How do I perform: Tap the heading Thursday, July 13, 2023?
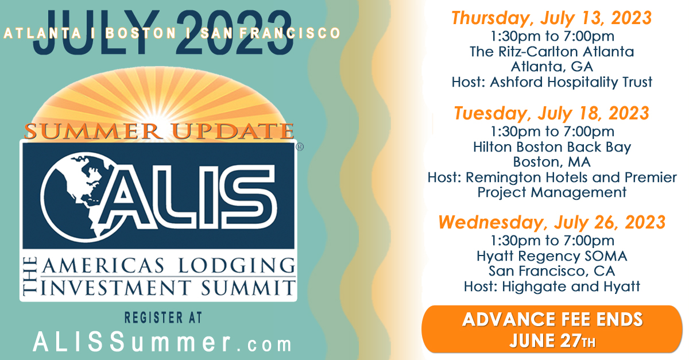click(551, 18)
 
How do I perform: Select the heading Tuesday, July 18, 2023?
click(551, 113)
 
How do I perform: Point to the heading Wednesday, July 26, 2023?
click(551, 222)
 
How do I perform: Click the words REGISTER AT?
click(162, 318)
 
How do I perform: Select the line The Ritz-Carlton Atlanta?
click(552, 52)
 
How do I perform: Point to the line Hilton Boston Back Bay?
click(552, 147)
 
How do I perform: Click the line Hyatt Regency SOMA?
click(552, 256)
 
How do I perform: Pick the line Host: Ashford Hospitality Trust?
click(552, 82)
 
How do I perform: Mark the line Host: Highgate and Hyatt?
click(552, 286)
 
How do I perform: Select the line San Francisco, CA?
click(552, 271)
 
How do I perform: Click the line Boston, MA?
click(552, 162)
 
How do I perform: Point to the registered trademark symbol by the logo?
click(299, 147)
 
